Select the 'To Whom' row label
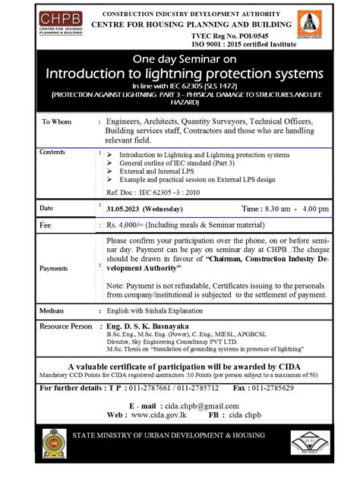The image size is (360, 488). tap(56, 122)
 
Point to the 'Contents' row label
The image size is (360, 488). tap(52, 152)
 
